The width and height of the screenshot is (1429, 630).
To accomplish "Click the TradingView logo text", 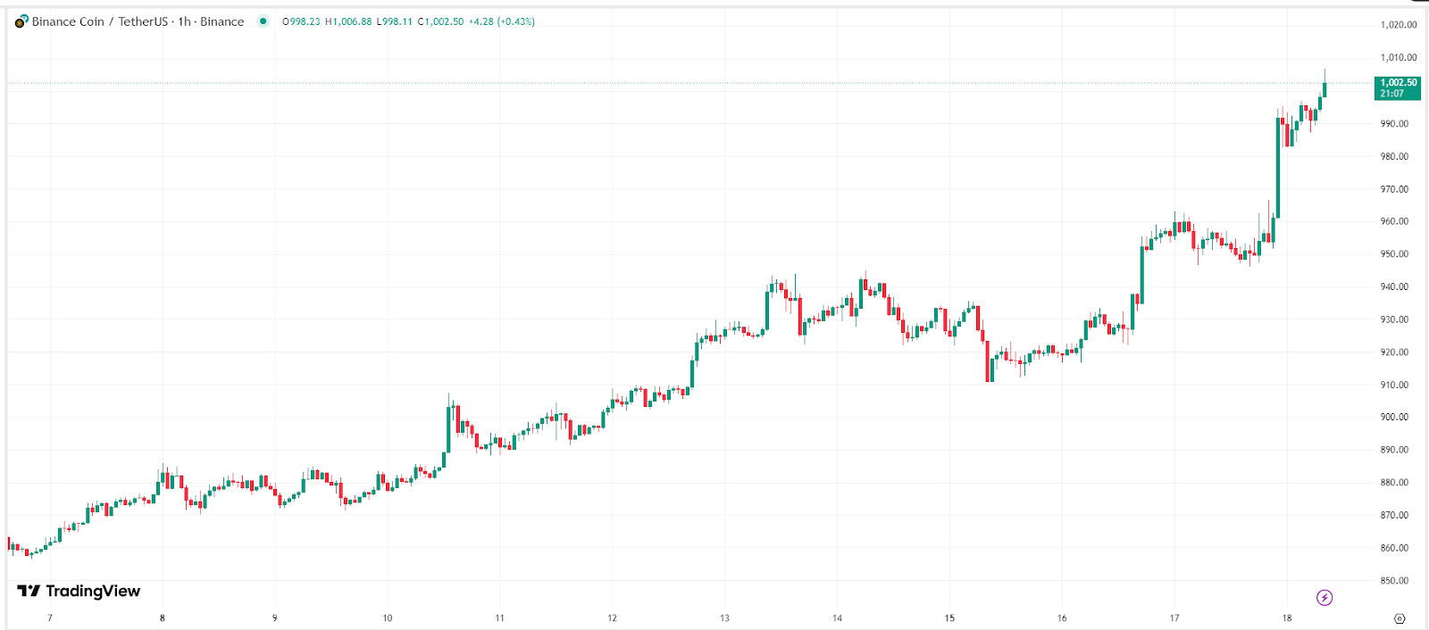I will point(92,591).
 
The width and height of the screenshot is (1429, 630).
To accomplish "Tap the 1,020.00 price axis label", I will point(1398,25).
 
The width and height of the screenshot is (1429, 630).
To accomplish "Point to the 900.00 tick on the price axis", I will point(1394,417).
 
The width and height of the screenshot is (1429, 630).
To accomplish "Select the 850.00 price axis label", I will point(1394,581).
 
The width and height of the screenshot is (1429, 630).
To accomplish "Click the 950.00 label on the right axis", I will point(1394,254).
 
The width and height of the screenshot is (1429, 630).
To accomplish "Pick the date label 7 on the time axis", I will point(50,618).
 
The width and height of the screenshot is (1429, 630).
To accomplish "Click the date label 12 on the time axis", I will point(612,618).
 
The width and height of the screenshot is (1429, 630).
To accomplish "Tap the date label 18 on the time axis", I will point(1287,618).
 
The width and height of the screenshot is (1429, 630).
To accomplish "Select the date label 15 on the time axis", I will point(949,618).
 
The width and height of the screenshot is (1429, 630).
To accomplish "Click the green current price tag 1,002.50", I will point(1398,87).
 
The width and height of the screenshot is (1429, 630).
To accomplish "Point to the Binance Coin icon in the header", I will point(21,21).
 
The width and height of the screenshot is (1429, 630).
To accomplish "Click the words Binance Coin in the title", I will point(68,21).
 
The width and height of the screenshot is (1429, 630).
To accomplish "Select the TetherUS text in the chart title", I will point(143,21).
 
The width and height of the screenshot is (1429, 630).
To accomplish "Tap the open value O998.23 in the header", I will point(301,21).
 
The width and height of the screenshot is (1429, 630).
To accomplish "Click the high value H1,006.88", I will point(347,21).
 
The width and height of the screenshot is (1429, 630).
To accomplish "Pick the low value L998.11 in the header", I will point(395,21).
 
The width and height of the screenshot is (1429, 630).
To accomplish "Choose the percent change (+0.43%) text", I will point(515,21).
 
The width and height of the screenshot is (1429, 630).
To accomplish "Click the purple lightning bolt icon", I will point(1325,598).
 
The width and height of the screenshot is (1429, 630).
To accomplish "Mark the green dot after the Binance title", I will point(263,21).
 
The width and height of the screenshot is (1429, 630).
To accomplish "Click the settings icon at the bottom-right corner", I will point(1400,618).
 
